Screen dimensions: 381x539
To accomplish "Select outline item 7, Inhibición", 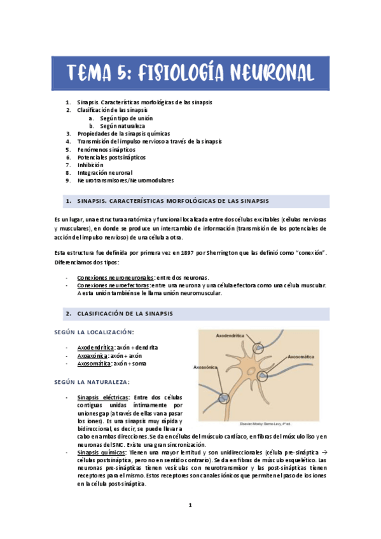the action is pyautogui.click(x=90, y=165).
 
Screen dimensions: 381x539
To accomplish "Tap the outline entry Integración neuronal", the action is pyautogui.click(x=104, y=172).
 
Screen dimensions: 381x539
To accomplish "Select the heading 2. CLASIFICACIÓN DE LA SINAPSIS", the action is pyautogui.click(x=125, y=314).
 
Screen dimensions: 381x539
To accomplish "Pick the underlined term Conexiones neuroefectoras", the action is pyautogui.click(x=113, y=285).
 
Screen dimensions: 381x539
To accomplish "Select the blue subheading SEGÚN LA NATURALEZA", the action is pyautogui.click(x=93, y=382).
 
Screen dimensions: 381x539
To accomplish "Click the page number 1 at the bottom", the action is pyautogui.click(x=190, y=505).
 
